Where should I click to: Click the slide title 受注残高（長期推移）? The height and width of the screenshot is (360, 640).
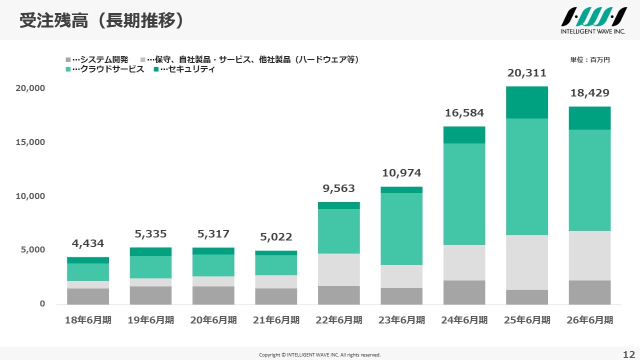[101, 20]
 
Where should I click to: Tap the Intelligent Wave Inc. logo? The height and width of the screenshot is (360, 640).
[593, 20]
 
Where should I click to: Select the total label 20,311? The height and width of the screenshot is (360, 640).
[527, 73]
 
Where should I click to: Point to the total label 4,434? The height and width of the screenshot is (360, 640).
[87, 243]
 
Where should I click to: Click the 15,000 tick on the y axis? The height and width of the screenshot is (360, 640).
[30, 142]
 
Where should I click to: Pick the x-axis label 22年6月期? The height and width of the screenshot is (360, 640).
[339, 320]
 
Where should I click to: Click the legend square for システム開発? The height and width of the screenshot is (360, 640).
[68, 59]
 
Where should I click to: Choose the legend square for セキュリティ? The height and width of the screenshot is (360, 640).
[156, 69]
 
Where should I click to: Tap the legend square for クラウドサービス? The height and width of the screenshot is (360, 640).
[68, 69]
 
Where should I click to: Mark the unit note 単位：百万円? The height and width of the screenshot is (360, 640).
[590, 59]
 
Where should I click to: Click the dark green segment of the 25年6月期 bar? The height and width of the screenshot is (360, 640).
[527, 102]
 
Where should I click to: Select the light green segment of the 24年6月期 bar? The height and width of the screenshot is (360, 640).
[464, 194]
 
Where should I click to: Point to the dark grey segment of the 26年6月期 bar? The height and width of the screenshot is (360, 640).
[589, 292]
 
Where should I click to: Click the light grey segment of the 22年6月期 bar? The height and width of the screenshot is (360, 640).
[339, 270]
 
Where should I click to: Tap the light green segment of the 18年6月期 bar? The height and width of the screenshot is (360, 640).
[88, 272]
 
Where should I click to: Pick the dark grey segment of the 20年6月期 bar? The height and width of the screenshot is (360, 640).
[213, 295]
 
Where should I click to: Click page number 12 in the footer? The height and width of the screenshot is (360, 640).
[628, 354]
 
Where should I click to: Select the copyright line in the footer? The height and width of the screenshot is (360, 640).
[319, 355]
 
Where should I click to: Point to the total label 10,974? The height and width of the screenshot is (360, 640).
[401, 173]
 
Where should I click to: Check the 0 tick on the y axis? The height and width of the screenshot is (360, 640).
[42, 303]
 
